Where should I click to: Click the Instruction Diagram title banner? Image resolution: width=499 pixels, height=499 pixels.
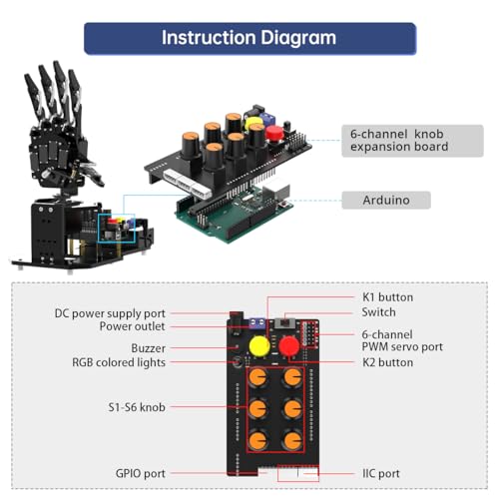(x=249, y=38)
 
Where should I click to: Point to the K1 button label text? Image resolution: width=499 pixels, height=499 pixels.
(x=386, y=297)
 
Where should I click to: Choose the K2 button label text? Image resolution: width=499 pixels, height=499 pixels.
(x=386, y=362)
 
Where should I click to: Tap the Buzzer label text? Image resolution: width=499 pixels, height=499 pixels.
(x=148, y=348)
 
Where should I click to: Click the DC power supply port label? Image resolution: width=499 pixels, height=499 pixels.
(x=110, y=312)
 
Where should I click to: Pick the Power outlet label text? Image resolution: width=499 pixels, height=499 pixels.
(x=133, y=326)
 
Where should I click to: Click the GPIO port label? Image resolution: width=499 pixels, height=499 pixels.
(x=140, y=473)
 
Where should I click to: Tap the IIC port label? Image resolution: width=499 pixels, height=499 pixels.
(x=383, y=473)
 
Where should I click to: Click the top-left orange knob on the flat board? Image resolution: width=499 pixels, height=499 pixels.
(x=258, y=378)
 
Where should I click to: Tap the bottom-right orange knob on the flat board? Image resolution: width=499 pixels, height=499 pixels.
(x=292, y=440)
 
